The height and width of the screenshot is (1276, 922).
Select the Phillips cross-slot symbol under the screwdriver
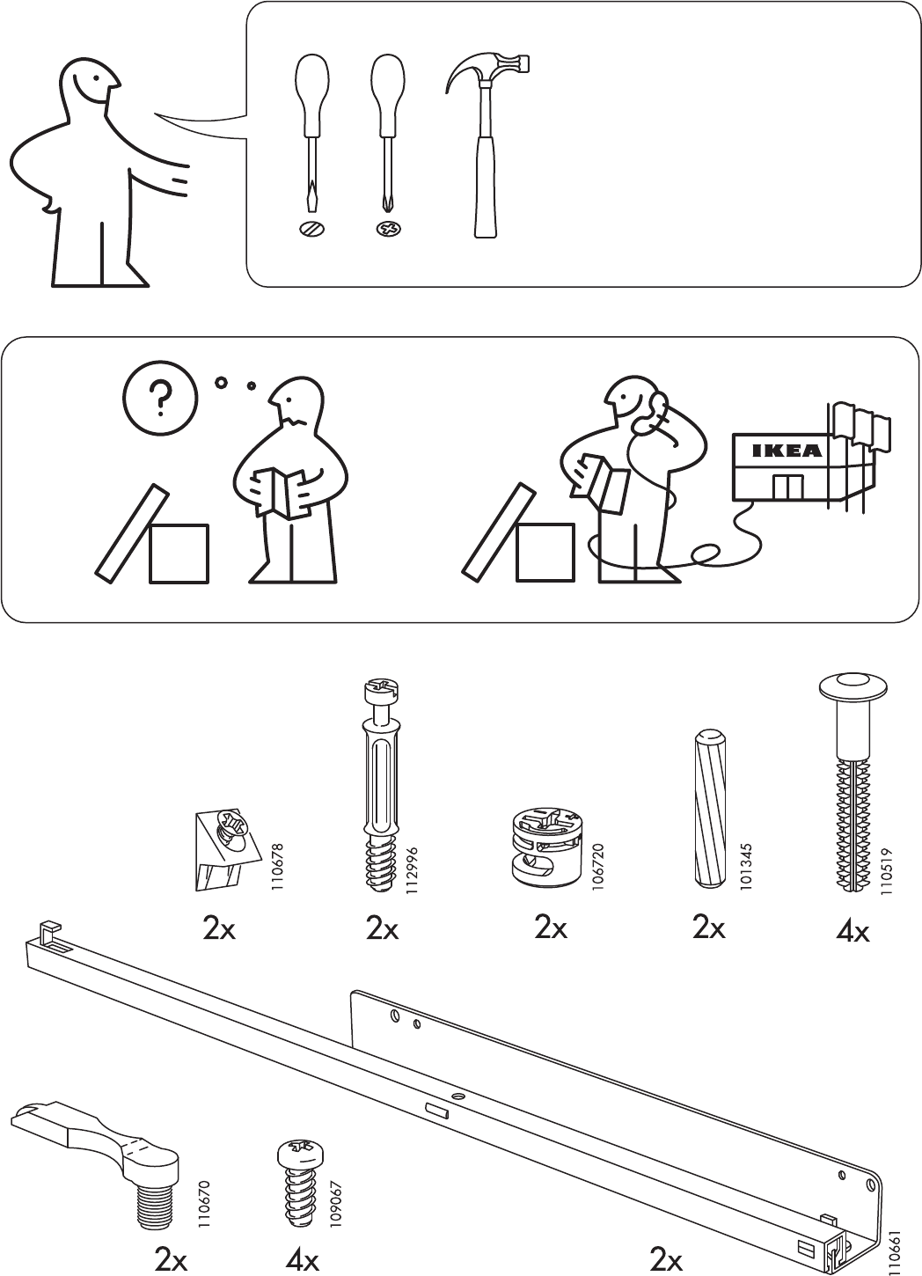(x=387, y=230)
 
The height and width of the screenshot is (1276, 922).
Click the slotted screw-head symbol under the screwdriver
(x=311, y=230)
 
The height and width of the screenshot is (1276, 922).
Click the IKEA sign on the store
(x=787, y=451)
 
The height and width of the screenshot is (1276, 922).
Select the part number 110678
(x=277, y=867)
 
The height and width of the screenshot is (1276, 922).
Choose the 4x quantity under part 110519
(x=852, y=930)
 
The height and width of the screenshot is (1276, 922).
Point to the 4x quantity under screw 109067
(x=302, y=1260)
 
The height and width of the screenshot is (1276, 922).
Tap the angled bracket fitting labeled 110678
(x=224, y=846)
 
